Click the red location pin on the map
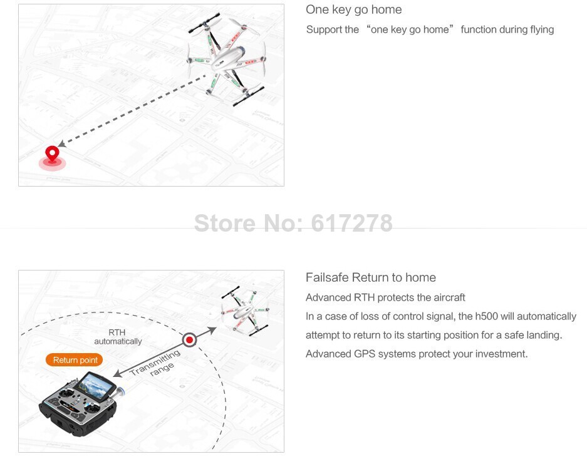(52, 155)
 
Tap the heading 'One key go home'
(354, 10)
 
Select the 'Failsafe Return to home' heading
(371, 277)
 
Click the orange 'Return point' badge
(74, 360)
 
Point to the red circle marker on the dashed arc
(189, 340)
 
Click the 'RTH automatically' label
(118, 337)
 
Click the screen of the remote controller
(95, 386)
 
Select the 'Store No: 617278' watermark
(293, 223)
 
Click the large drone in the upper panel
(227, 60)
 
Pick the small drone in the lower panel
(245, 311)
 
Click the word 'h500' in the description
(486, 316)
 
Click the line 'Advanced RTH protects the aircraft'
(385, 297)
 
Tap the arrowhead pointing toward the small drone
(212, 330)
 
